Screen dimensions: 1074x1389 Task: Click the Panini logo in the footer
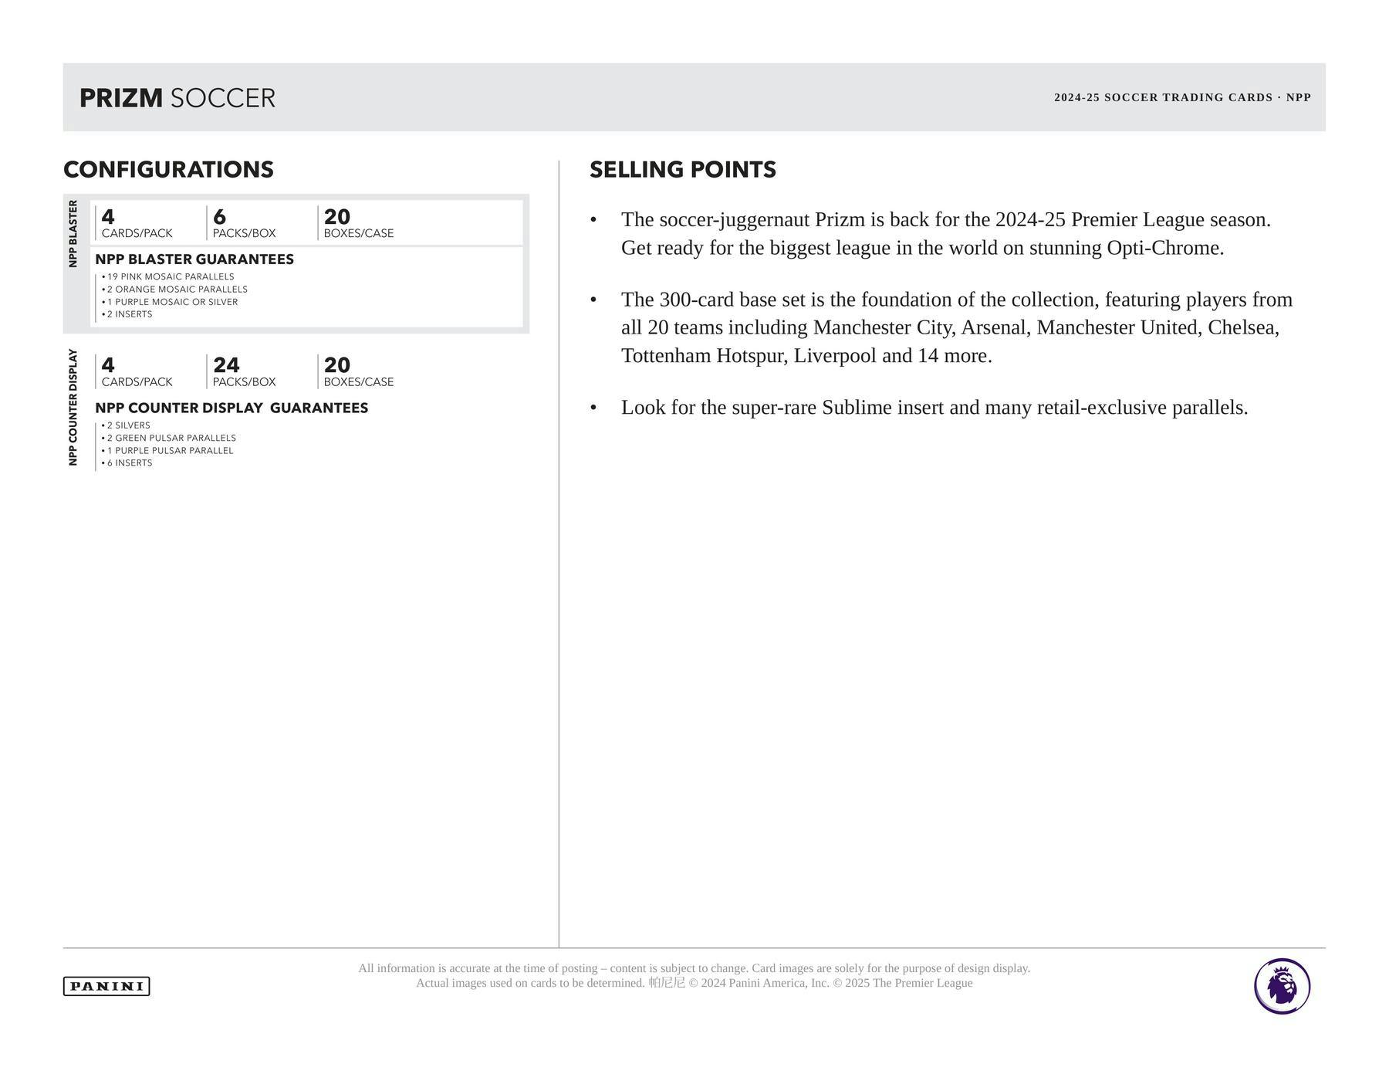pos(106,986)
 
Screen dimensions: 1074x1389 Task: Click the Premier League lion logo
pos(1282,986)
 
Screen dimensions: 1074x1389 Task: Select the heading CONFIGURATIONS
pos(168,170)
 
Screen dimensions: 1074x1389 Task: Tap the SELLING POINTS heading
pos(683,170)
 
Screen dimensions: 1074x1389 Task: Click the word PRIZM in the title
pos(121,98)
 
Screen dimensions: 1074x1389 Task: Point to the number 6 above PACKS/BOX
pos(220,217)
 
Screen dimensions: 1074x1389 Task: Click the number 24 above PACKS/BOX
pos(226,365)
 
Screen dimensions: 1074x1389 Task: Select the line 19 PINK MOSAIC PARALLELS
pos(171,276)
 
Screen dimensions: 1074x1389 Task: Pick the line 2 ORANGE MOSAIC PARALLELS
pos(177,290)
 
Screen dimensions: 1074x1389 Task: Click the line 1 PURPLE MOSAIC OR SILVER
pos(172,302)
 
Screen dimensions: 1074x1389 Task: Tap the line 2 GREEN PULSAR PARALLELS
pos(171,438)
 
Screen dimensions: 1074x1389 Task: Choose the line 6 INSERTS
pos(130,463)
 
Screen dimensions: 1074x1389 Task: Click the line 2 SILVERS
pos(128,425)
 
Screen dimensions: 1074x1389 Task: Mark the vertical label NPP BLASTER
pos(73,234)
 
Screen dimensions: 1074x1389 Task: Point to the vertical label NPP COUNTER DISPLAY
pos(73,407)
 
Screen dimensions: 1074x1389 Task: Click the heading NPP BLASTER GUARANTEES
pos(194,259)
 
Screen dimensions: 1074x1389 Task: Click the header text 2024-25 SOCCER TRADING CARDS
pos(1163,98)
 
